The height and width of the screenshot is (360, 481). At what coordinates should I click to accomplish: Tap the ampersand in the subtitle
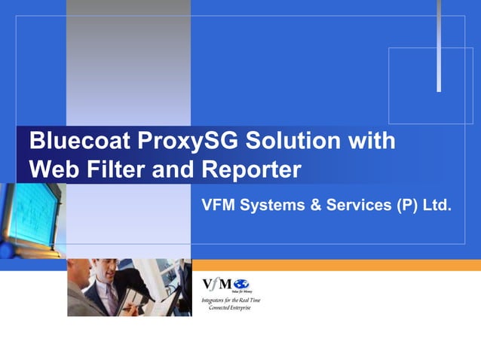coord(314,204)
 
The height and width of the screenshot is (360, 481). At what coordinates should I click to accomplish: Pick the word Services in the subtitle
coord(355,204)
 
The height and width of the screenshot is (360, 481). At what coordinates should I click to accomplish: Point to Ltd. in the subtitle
coord(437,204)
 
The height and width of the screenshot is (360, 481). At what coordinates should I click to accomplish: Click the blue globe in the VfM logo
coord(242,284)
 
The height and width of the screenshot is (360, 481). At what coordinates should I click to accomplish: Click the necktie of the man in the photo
coord(111,297)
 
